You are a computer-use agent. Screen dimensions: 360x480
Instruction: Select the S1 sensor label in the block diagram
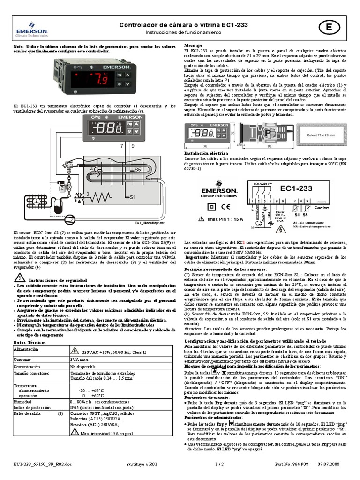132,197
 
